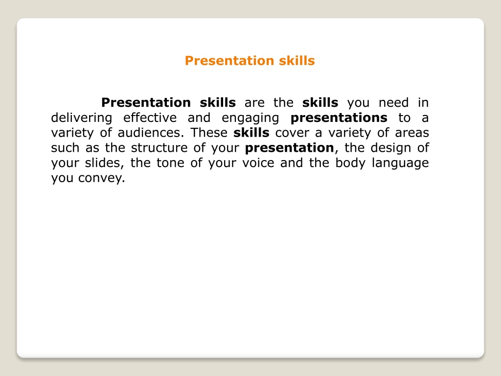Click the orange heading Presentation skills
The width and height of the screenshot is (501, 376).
(x=250, y=61)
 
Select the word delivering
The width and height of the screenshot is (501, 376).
(x=82, y=118)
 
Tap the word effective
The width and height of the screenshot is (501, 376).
(x=150, y=117)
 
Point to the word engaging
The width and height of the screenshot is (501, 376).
(x=250, y=118)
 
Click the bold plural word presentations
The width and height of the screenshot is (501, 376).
(x=339, y=118)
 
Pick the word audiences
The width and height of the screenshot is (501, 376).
(x=151, y=133)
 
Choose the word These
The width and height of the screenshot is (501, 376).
(x=209, y=133)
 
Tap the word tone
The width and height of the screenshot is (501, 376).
(x=170, y=163)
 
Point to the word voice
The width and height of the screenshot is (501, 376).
(x=258, y=163)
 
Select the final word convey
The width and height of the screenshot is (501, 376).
(x=101, y=178)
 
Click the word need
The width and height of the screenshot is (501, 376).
(x=394, y=103)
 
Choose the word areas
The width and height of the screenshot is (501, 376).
(x=412, y=133)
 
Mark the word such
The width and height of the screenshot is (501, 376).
(x=65, y=148)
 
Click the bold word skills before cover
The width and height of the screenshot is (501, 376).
(x=251, y=133)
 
